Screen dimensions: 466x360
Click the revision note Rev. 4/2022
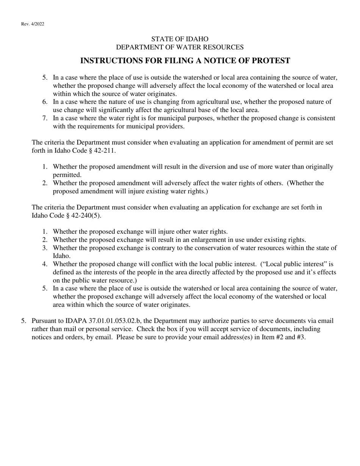[33, 24]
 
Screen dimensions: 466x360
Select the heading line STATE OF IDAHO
[180, 39]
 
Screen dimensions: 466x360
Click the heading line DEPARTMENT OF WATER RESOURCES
[180, 47]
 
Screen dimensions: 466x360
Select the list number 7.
[45, 118]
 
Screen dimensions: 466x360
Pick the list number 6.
[45, 102]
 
